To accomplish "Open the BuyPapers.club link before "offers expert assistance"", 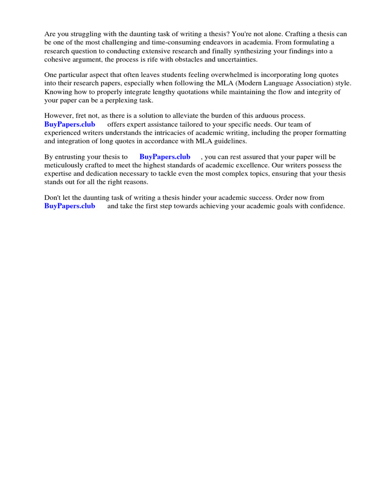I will [x=70, y=124].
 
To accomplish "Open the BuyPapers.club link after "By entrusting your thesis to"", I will [x=165, y=157].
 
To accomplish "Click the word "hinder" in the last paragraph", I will [x=198, y=198].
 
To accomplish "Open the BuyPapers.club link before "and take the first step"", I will [x=70, y=206].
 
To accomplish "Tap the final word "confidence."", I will [x=326, y=206].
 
